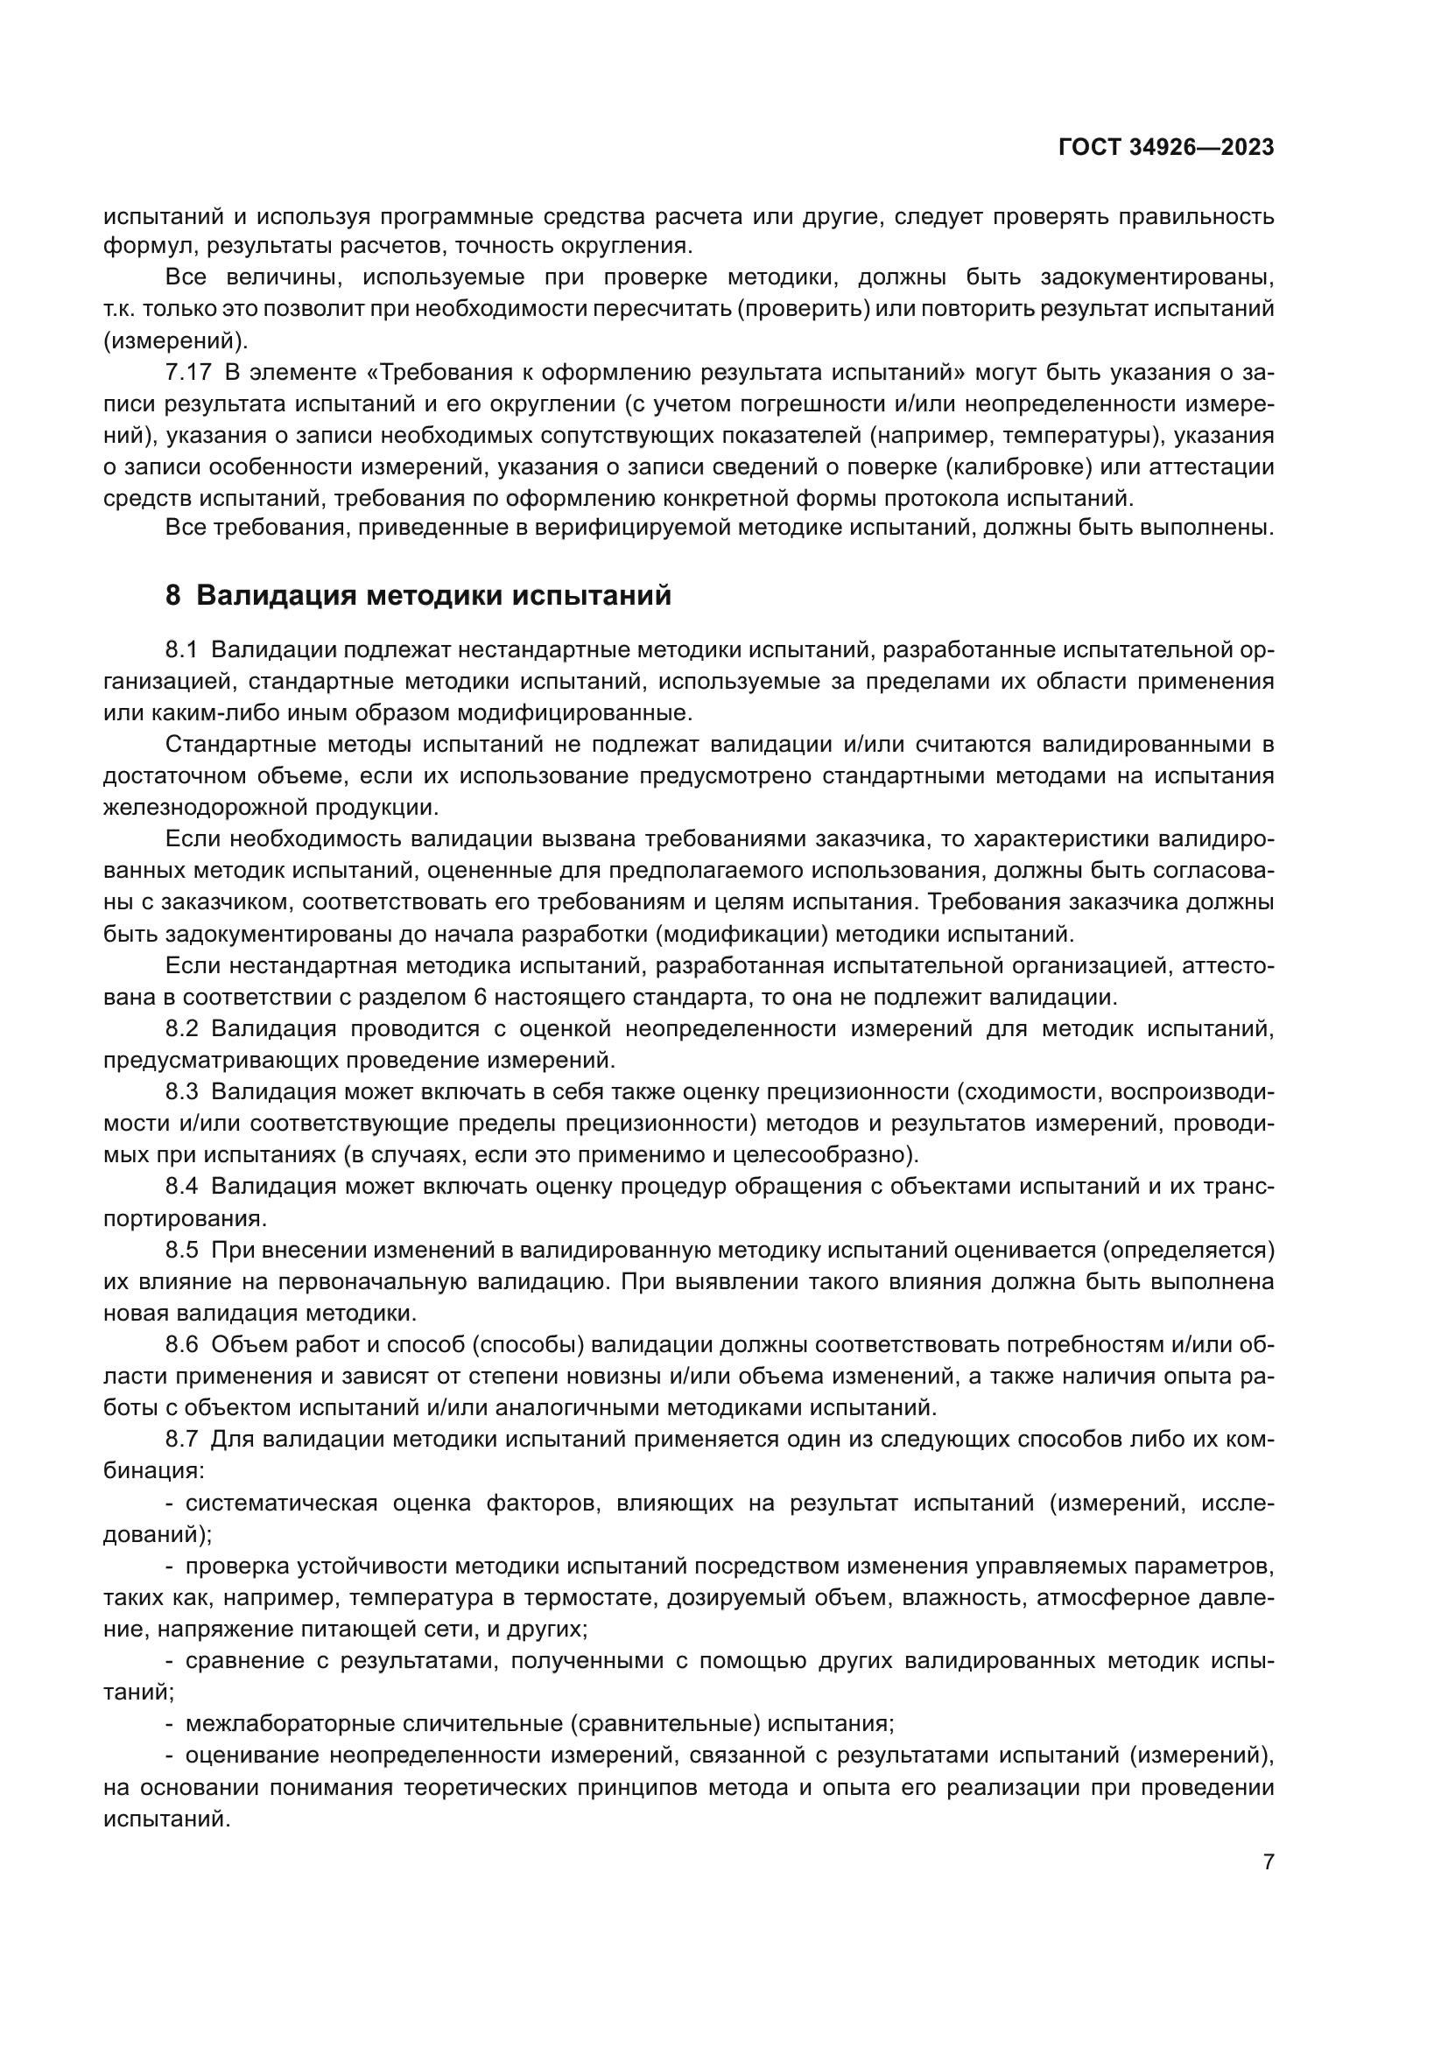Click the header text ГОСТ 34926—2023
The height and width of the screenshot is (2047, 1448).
point(1166,148)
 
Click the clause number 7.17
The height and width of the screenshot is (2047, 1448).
point(188,373)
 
